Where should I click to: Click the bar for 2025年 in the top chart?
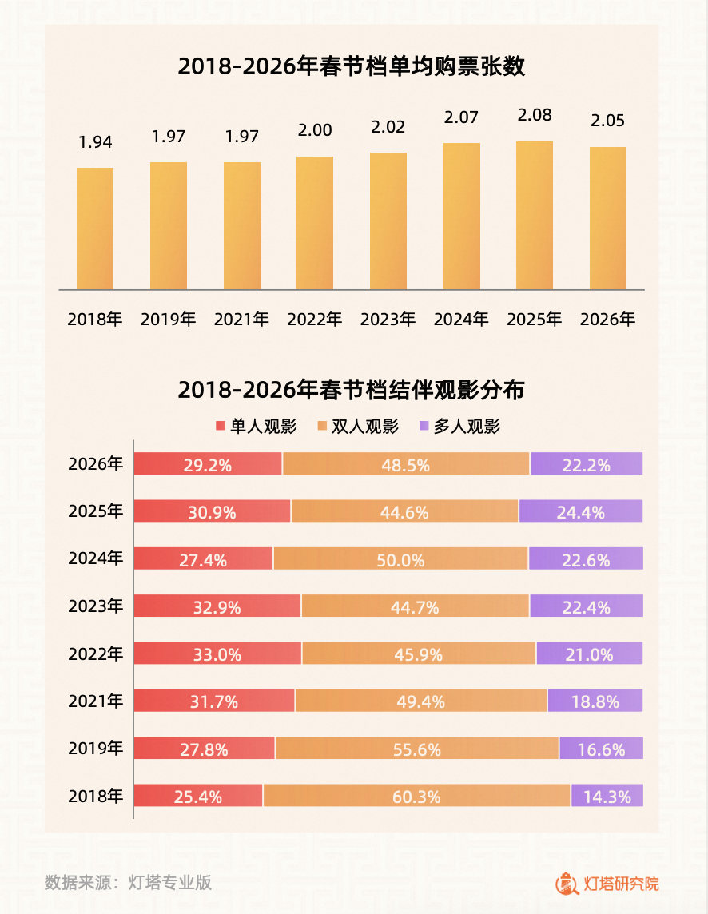[535, 216]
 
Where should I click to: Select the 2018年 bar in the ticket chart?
[95, 228]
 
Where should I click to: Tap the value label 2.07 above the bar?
[461, 118]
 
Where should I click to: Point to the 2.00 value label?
[315, 130]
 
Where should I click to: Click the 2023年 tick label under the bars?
[388, 320]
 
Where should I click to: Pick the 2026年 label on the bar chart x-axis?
[607, 320]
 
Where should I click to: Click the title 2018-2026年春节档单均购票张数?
[352, 66]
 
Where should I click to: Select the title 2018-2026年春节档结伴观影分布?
[352, 391]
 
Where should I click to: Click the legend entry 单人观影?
[256, 427]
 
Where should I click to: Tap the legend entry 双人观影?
[358, 427]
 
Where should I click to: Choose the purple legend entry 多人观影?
[459, 427]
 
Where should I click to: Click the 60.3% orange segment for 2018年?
[416, 796]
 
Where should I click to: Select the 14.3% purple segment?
[607, 796]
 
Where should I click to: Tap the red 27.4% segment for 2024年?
[203, 559]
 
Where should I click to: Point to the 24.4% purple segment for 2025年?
[581, 512]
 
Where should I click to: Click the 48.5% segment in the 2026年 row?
[406, 464]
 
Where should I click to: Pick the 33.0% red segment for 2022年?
[217, 654]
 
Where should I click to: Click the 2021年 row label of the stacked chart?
[96, 701]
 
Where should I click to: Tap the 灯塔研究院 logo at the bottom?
[608, 883]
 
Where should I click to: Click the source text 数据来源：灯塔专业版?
[128, 883]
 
